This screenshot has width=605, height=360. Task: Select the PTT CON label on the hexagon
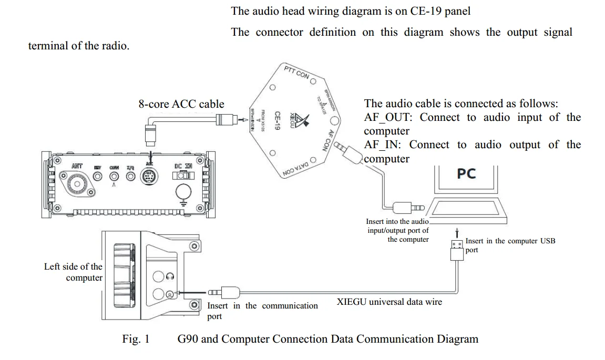coord(296,73)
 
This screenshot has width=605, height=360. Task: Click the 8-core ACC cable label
coord(181,104)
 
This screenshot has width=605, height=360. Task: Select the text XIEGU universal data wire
coord(389,302)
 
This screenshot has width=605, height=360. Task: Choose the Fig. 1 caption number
coord(136,339)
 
